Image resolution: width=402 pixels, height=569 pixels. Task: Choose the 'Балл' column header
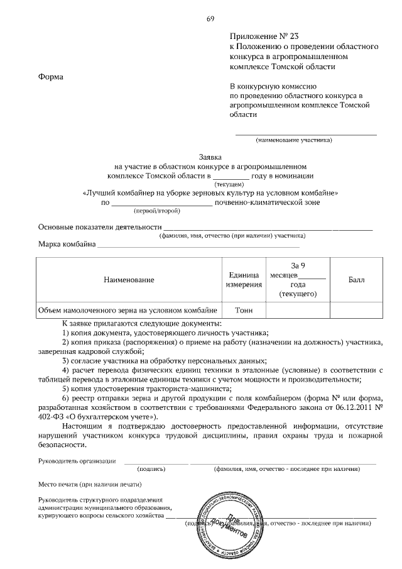point(356,279)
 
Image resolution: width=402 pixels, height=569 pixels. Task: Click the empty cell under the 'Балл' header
point(356,310)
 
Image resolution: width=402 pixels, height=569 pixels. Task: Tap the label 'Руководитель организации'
point(77,461)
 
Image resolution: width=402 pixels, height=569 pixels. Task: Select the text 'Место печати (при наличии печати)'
point(90,484)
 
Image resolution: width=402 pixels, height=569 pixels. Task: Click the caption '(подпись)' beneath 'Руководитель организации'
point(151,469)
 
